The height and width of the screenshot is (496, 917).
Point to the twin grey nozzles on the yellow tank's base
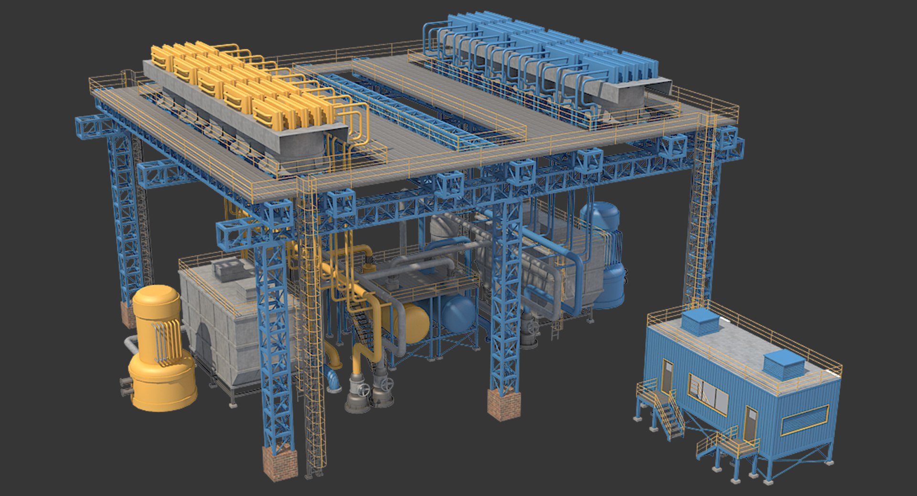point(126,387)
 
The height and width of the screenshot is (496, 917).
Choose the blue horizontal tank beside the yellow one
point(458,313)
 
